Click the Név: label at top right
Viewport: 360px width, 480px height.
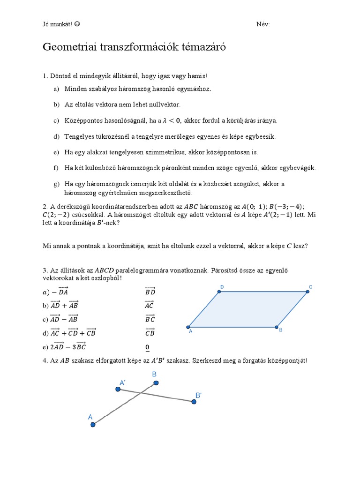click(x=263, y=24)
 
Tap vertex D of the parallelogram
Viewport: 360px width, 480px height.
click(x=219, y=292)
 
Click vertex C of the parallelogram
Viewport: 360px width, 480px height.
click(x=308, y=292)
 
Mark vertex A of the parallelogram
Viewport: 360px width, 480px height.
click(x=188, y=327)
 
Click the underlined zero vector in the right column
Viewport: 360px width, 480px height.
click(x=147, y=347)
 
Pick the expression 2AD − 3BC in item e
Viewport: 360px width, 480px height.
click(x=69, y=347)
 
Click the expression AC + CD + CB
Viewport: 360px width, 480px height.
click(x=73, y=333)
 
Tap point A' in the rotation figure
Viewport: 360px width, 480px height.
click(x=118, y=389)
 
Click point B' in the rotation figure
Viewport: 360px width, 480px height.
click(x=193, y=402)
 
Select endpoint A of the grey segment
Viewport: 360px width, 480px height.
click(x=93, y=425)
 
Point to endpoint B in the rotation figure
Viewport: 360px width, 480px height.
click(x=156, y=384)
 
